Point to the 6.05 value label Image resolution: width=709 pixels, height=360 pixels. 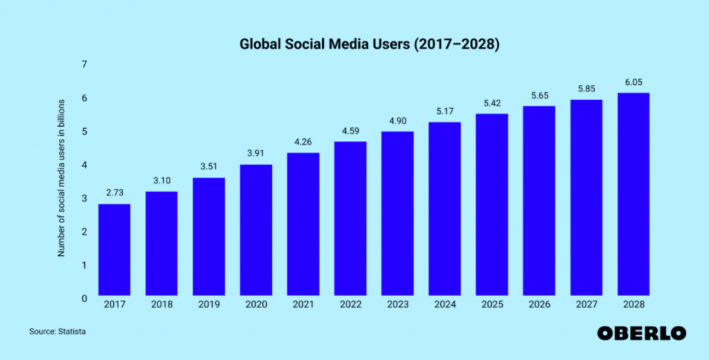tap(633, 82)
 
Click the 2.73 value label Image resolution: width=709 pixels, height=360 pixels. tap(114, 192)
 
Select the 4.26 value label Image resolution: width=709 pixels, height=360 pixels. tap(303, 141)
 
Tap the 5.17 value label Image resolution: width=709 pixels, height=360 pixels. tap(445, 111)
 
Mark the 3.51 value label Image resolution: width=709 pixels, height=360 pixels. tap(208, 166)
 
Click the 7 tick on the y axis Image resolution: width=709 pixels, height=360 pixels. tap(84, 64)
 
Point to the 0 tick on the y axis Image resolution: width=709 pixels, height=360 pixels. tap(84, 298)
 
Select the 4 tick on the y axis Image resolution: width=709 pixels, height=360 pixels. tap(84, 165)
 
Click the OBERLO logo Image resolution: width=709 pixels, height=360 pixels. tap(641, 333)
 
